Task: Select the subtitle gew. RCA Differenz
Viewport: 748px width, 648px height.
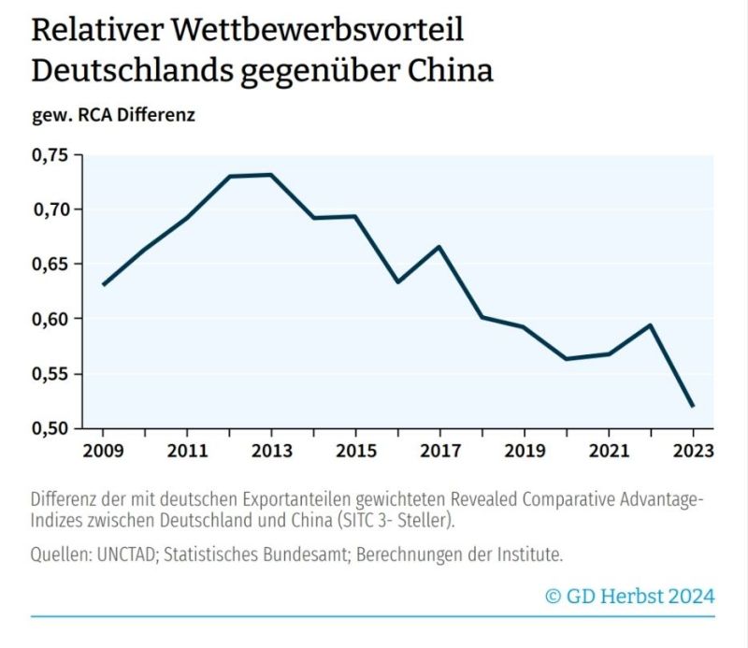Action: pyautogui.click(x=113, y=116)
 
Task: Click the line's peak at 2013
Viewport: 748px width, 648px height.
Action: pyautogui.click(x=270, y=175)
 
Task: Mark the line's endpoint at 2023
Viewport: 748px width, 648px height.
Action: pyautogui.click(x=693, y=406)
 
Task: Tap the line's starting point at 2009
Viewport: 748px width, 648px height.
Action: pyautogui.click(x=103, y=284)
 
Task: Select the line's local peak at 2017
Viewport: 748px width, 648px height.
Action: pyautogui.click(x=439, y=247)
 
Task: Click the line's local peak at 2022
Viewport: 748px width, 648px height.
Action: pyautogui.click(x=650, y=325)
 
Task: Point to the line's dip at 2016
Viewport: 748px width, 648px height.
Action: pyautogui.click(x=397, y=281)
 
